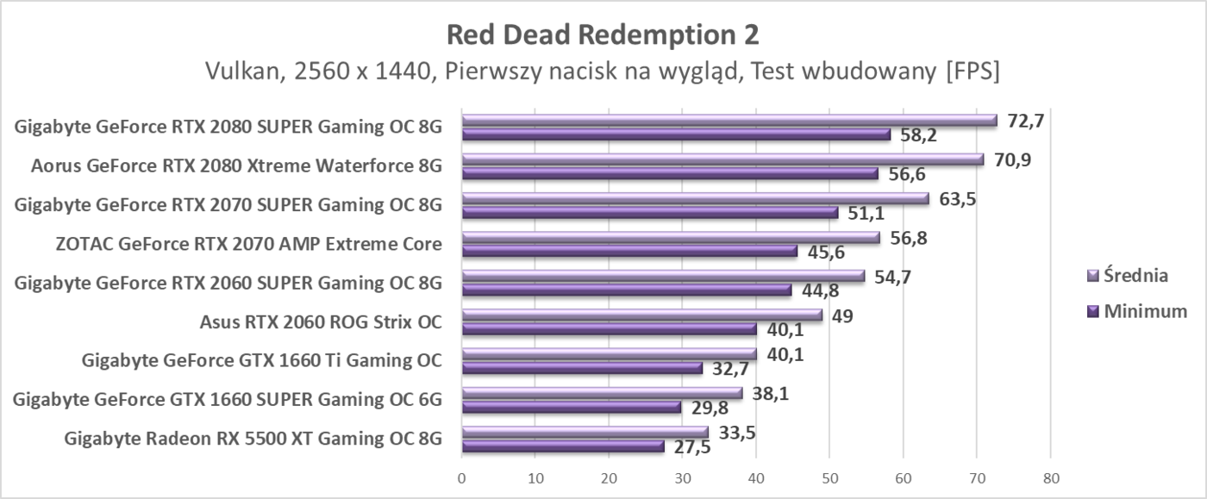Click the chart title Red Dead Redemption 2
pos(603,34)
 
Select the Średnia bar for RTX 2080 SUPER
pos(729,121)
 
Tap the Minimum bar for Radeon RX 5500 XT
pos(563,446)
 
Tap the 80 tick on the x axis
pos(1050,477)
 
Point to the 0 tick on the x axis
pos(462,477)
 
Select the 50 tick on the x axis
pos(829,477)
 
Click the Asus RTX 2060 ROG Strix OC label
pos(320,322)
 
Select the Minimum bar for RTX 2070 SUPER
pos(649,212)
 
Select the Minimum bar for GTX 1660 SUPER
pos(571,407)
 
